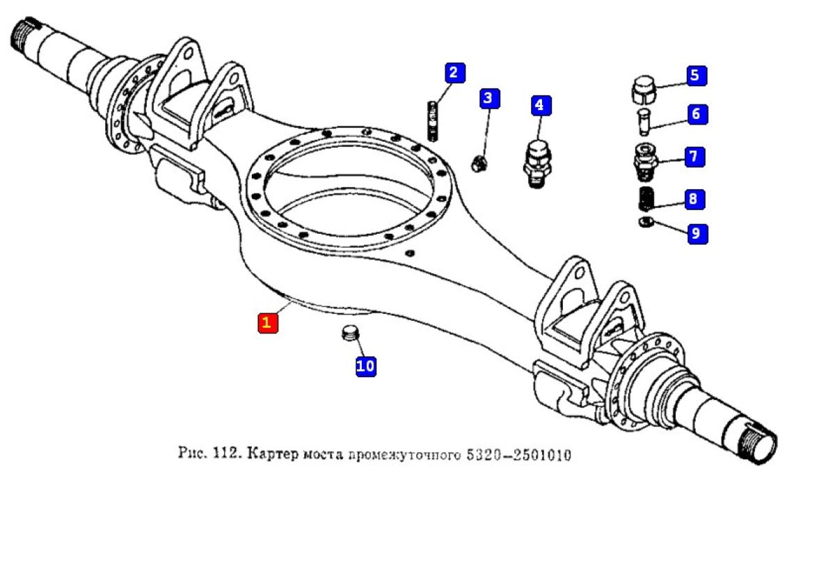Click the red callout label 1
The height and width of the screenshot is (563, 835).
point(268,324)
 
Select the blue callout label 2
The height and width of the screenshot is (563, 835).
point(454,72)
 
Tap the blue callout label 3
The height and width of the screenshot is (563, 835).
point(489,98)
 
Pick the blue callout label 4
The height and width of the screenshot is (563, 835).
point(540,105)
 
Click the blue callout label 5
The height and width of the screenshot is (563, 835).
point(696,75)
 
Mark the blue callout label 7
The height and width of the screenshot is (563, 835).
point(694,157)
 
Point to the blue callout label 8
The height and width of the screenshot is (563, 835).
point(693,200)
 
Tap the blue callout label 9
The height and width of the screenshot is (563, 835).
point(697,233)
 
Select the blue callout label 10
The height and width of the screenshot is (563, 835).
point(366,365)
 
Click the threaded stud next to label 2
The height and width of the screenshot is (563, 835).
point(432,120)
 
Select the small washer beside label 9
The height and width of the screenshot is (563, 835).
point(644,222)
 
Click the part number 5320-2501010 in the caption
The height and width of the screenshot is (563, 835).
point(518,457)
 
